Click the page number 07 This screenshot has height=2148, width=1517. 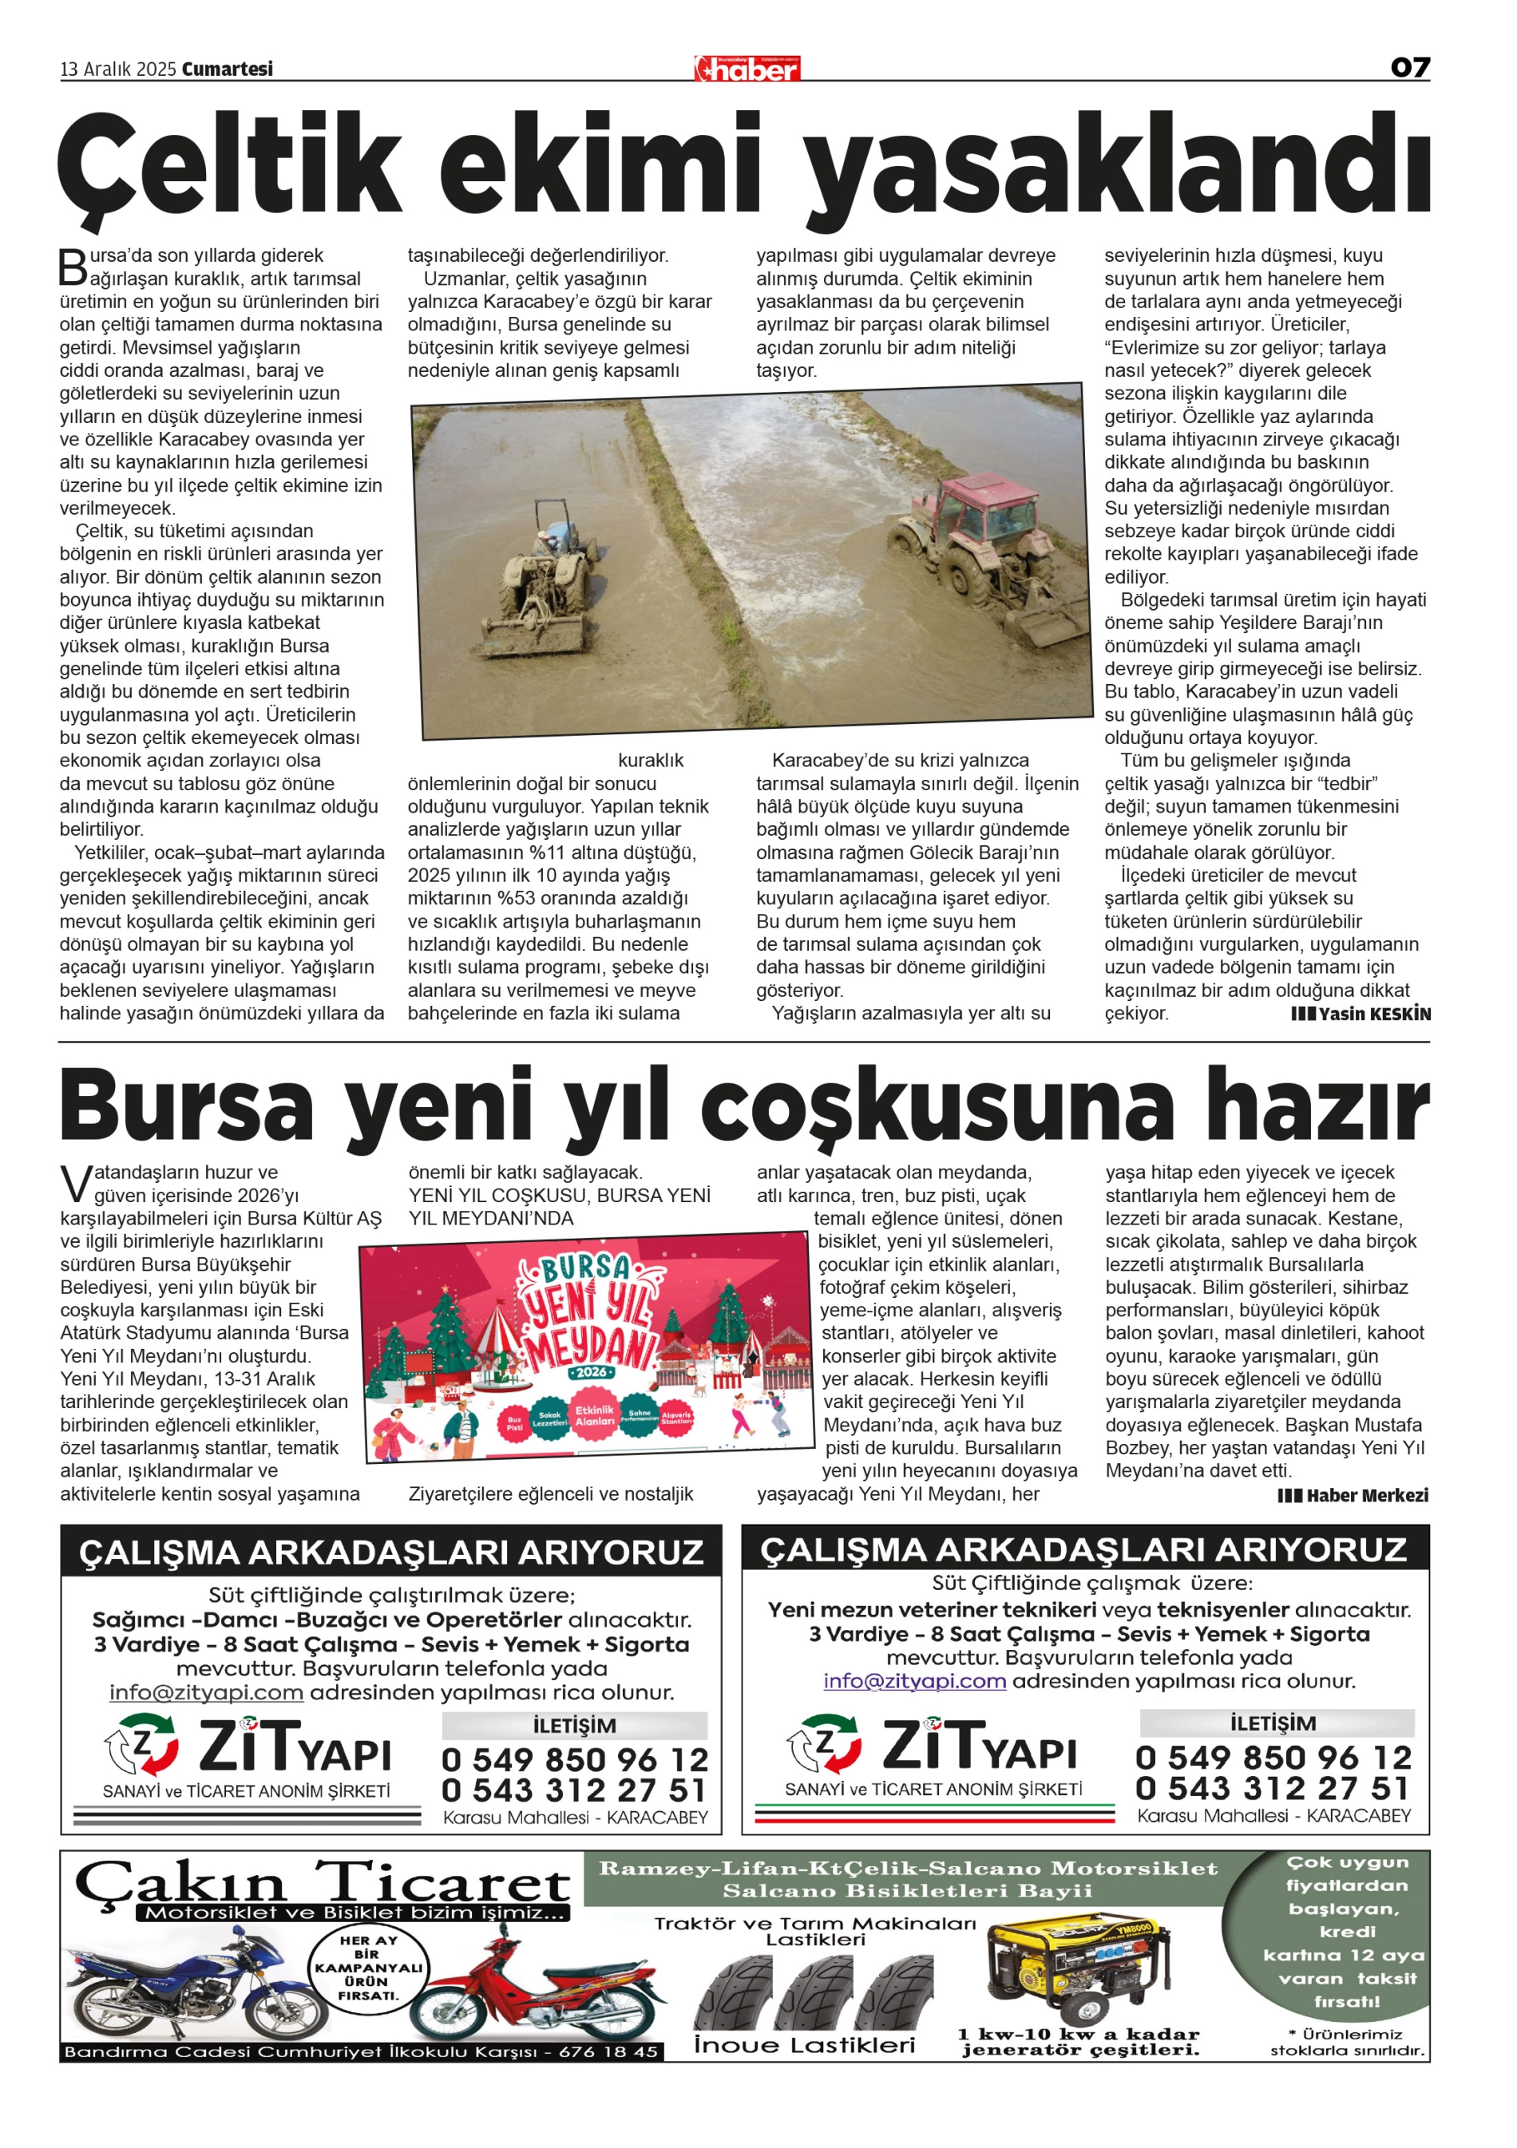click(x=1409, y=67)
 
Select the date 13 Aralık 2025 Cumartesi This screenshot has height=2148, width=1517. click(x=167, y=69)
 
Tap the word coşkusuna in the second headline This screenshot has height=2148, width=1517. click(x=936, y=1107)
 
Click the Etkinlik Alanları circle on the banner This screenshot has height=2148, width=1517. click(x=594, y=1415)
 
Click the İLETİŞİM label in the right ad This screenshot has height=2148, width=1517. click(x=1273, y=1723)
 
